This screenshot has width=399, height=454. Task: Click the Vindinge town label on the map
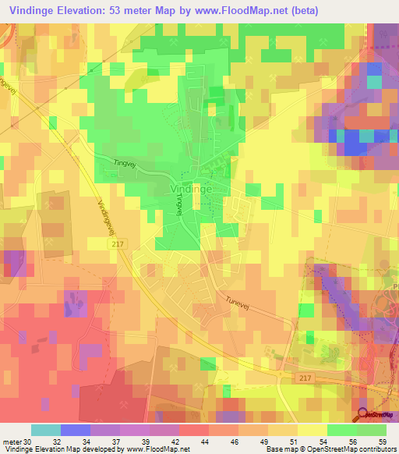(189, 189)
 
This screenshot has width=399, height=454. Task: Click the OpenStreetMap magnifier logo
(363, 415)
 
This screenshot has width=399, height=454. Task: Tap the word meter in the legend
(11, 441)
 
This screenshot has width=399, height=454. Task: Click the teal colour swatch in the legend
(45, 430)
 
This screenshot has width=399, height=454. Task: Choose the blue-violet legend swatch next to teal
(75, 430)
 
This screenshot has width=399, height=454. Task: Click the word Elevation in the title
(90, 9)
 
